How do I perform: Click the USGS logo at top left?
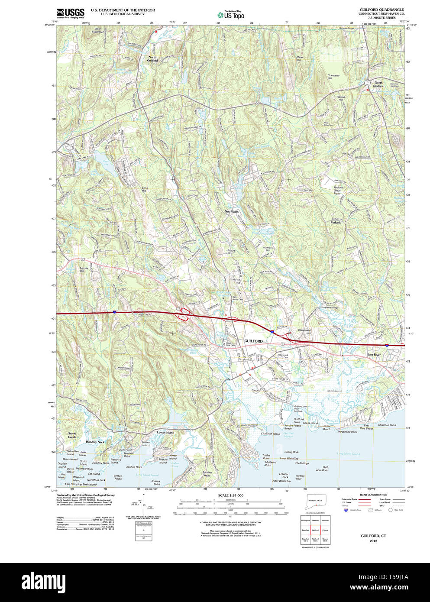point(70,13)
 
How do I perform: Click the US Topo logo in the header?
point(231,15)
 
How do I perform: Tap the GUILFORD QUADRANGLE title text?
point(382,10)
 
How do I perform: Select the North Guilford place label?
point(152,59)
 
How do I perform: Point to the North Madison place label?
point(379,84)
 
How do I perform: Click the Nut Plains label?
point(231,212)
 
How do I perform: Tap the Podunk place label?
point(336,222)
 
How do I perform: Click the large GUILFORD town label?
point(253,341)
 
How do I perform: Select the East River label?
point(374,355)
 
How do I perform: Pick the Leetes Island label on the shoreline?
point(165,432)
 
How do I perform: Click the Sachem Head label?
point(207,474)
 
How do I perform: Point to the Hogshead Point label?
point(348,432)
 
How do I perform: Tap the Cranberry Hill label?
point(333,77)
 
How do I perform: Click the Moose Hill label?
point(84,269)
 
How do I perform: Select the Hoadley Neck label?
point(95,442)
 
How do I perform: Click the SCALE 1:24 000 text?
point(230,495)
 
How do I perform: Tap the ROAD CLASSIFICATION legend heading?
point(373,495)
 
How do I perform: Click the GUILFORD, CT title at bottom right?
point(373,536)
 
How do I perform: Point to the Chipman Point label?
point(387,425)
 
